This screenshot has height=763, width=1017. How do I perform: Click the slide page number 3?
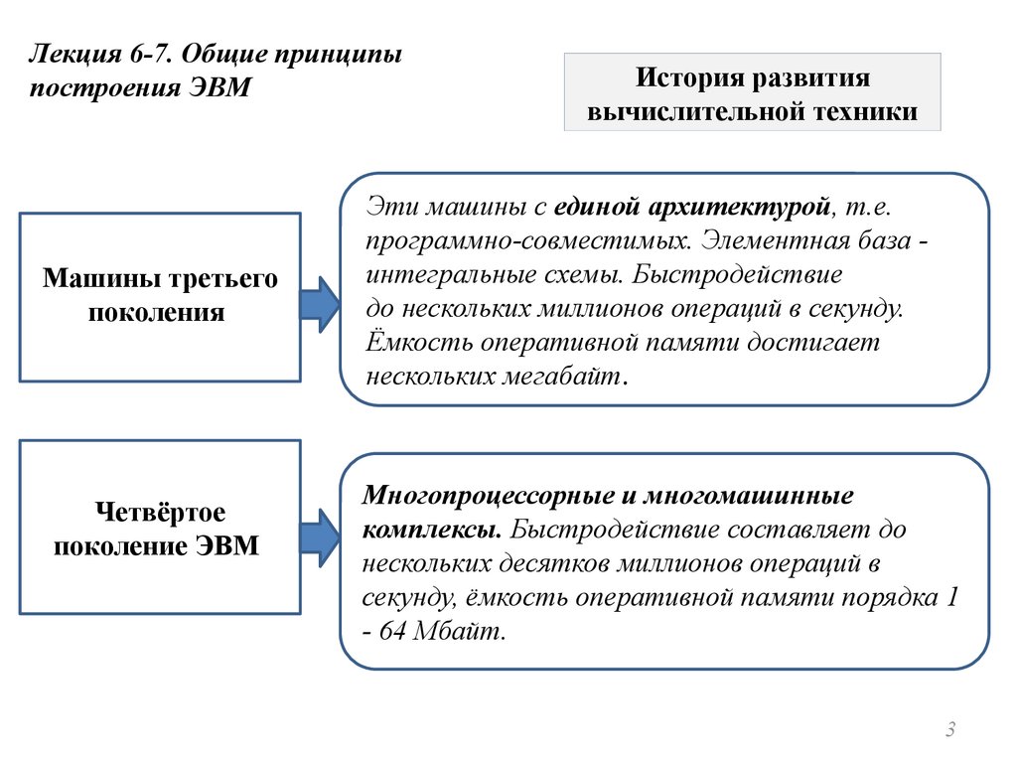950,731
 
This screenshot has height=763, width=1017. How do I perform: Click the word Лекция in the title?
71,53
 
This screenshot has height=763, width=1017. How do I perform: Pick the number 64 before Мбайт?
396,633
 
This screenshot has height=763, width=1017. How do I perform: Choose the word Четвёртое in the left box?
160,512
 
